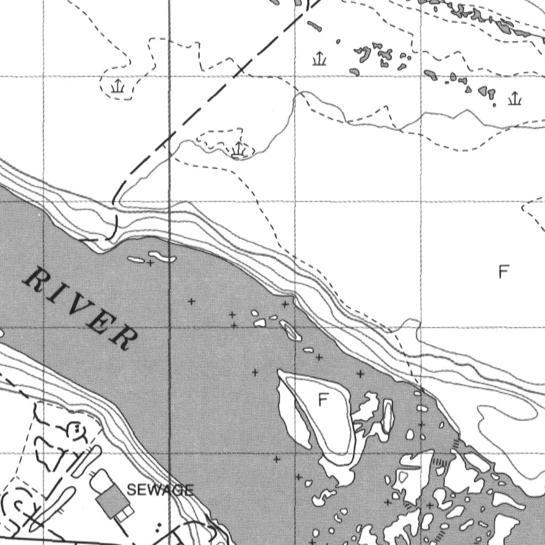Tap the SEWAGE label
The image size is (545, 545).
tap(160, 490)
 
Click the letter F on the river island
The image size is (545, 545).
tap(322, 399)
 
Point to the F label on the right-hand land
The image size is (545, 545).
tap(503, 272)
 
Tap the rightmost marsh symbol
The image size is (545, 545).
tap(514, 98)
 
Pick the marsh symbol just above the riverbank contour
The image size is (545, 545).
tap(238, 150)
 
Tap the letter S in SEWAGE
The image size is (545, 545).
tap(132, 491)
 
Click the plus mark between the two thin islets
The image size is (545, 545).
tap(151, 262)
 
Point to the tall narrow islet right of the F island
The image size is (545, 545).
tap(387, 417)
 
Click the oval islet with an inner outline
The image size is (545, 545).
tap(291, 331)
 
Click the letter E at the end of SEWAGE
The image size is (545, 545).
tap(189, 491)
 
